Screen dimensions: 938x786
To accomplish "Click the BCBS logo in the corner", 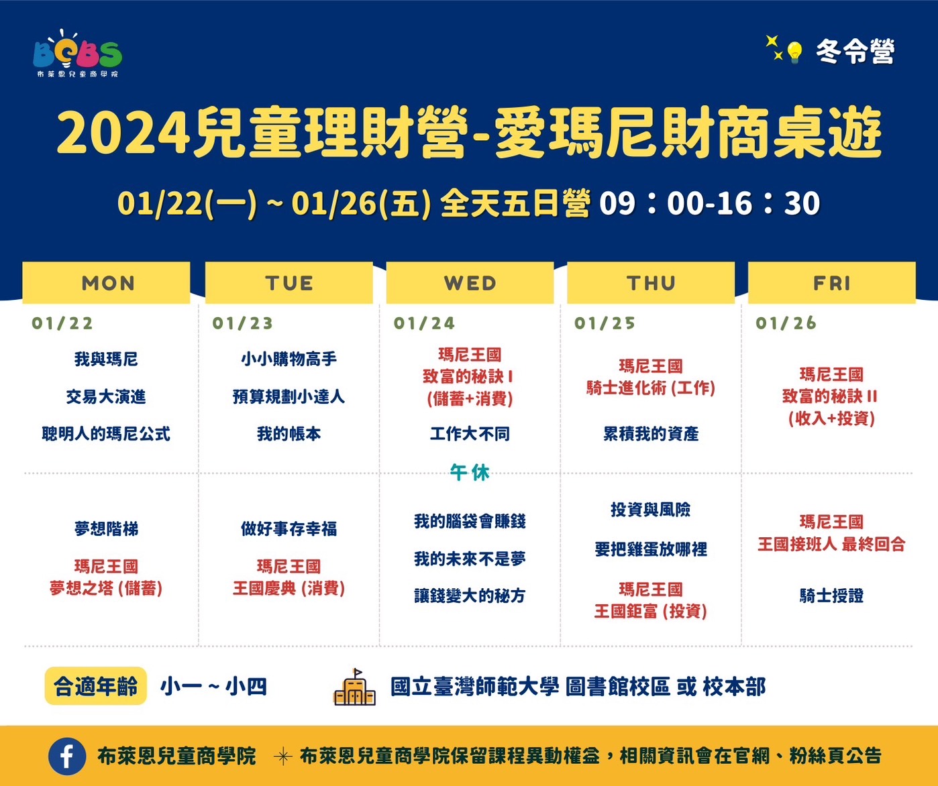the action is coord(78,54).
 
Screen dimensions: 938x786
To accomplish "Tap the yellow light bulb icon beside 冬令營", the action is coord(794,52).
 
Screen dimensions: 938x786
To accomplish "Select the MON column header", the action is coord(107,283).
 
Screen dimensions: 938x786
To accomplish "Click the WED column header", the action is coord(470,283).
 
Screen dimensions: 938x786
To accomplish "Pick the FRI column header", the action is coord(831,283).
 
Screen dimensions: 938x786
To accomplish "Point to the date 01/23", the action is coord(243,323).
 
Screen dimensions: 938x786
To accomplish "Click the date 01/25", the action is coord(605,323).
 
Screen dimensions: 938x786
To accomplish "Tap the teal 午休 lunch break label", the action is coord(470,473).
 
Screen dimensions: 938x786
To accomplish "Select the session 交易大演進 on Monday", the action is coord(106,396).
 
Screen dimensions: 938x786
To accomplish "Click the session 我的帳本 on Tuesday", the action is coord(289,434).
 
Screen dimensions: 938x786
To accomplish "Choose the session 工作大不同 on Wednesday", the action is coord(470,434).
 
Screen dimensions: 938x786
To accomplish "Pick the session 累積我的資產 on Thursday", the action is coord(651,434).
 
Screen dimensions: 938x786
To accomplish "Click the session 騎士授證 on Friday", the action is coord(831,596).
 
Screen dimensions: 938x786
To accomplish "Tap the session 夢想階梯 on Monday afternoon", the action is coord(107,528).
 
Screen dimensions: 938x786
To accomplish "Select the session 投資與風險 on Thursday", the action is coord(651,510).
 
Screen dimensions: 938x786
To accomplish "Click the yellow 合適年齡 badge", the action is coord(96,686).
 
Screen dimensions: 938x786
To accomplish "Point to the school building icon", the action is coord(355,687).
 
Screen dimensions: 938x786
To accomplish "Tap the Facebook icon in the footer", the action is coord(67,756).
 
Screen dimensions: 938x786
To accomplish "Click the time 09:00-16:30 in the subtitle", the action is coord(710,203).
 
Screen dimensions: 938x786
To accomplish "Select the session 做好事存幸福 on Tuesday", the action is coord(289,528).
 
